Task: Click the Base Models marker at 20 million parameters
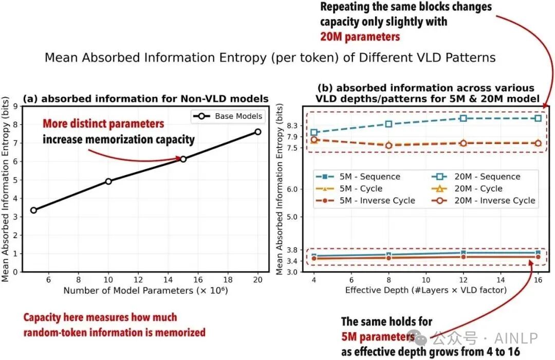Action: coord(257,132)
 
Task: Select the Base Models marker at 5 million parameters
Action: coord(33,210)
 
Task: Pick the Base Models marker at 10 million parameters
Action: coord(108,181)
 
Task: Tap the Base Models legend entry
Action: coord(228,116)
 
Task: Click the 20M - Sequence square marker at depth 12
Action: coord(464,118)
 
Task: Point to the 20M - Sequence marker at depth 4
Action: coord(314,133)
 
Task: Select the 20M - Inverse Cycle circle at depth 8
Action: coord(388,145)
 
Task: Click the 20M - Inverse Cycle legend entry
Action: coord(484,201)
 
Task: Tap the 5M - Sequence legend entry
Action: coord(358,176)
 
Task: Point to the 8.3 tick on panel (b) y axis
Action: coord(292,125)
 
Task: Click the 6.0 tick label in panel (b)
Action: coord(292,189)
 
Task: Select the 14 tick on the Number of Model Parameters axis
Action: coord(168,280)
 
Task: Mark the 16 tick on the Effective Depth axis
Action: coord(538,280)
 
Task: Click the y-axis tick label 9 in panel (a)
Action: coord(15,106)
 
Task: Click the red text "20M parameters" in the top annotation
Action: coord(360,37)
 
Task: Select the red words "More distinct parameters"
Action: coord(103,123)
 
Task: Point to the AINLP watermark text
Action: coord(516,338)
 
